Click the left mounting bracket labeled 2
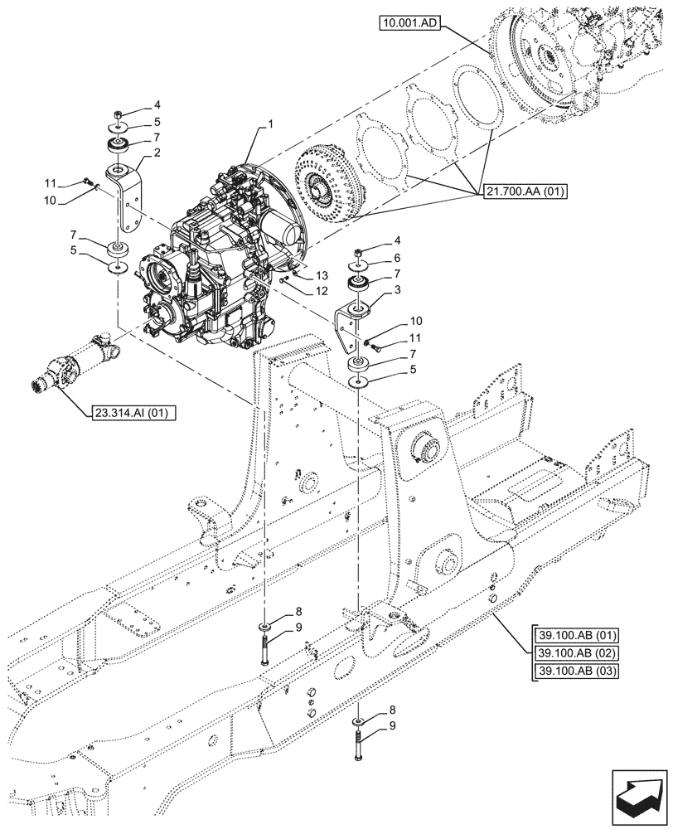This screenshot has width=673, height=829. coord(125,203)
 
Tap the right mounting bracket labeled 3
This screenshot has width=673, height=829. coord(351,325)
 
